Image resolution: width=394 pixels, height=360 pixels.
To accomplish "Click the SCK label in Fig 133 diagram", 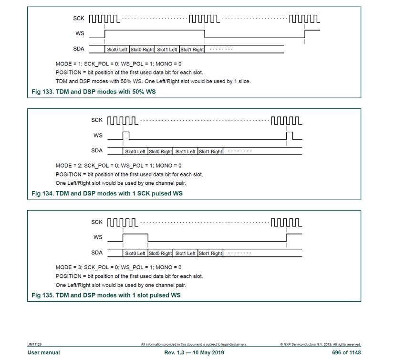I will [79, 18].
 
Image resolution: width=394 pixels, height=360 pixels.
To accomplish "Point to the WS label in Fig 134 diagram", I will [98, 136].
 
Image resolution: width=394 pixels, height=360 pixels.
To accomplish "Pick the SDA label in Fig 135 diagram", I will [97, 253].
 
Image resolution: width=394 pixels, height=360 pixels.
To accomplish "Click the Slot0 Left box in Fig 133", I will [117, 49].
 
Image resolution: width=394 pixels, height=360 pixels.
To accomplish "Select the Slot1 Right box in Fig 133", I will [192, 49].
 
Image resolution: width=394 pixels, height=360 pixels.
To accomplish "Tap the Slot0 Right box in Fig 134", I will [160, 151].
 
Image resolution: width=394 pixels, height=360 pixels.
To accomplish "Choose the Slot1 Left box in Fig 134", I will [185, 151].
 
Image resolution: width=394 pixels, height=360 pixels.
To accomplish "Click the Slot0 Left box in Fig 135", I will [135, 253].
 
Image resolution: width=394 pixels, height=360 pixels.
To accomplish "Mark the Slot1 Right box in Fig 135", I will [210, 253].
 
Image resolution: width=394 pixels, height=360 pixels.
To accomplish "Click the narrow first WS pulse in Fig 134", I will [126, 136].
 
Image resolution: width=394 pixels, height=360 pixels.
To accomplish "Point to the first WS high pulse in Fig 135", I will [135, 237].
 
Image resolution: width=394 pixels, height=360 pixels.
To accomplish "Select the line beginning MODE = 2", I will [118, 166].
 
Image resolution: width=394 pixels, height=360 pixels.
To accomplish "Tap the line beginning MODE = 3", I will [118, 267].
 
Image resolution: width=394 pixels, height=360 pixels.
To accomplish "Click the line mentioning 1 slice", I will [153, 81].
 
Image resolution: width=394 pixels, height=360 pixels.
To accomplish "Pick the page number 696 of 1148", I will [347, 352].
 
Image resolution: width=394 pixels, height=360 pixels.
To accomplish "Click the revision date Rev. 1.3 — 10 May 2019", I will [194, 352].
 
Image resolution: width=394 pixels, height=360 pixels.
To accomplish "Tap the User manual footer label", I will [44, 352].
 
